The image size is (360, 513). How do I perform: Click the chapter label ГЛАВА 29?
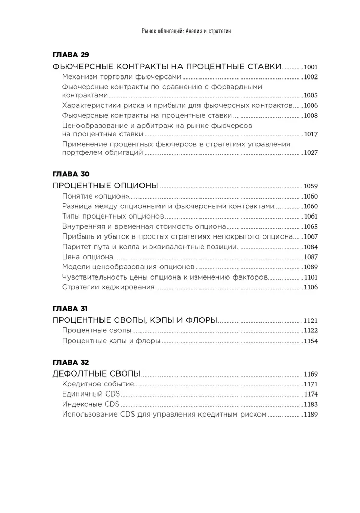(x=71, y=54)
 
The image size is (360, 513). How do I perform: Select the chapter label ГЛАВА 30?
(x=71, y=174)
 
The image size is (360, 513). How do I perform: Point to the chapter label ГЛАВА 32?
(x=71, y=362)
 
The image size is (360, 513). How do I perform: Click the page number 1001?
(x=311, y=67)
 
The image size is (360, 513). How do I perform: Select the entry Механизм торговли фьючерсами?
(x=122, y=77)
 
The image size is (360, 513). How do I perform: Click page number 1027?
(x=311, y=153)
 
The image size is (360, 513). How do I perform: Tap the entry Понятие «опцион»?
(x=95, y=196)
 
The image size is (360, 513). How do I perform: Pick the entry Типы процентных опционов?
(x=113, y=216)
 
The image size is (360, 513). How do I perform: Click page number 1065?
(x=311, y=226)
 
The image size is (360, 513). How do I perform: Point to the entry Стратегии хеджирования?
(x=108, y=287)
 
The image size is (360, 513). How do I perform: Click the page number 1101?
(x=311, y=277)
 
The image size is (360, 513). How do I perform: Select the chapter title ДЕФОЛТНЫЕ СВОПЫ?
(x=97, y=373)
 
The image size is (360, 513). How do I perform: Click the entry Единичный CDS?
(x=90, y=394)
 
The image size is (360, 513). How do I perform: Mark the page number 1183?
(x=311, y=404)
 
